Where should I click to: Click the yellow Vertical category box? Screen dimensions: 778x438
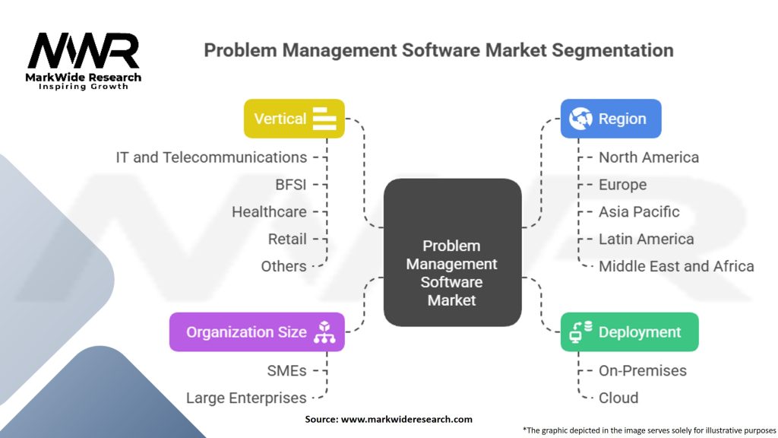[294, 119]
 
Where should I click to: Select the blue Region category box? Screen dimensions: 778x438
[611, 119]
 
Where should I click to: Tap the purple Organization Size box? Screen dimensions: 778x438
[257, 332]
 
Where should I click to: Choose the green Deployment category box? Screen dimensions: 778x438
[630, 332]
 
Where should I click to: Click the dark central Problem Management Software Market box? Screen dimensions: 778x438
[453, 252]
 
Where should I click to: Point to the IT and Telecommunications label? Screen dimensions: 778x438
[211, 157]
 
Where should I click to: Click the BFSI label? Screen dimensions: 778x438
[291, 185]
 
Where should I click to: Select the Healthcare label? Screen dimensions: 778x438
[270, 212]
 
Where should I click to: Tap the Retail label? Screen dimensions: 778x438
[287, 240]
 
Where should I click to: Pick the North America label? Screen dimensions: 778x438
[649, 157]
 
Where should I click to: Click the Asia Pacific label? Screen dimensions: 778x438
[639, 212]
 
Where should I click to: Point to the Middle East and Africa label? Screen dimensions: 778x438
[676, 267]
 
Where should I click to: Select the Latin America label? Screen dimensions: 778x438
[646, 240]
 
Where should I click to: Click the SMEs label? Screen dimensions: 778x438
[286, 371]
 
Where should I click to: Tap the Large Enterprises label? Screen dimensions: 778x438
[247, 398]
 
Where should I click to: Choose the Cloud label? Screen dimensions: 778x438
[618, 398]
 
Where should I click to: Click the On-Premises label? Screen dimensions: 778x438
[643, 371]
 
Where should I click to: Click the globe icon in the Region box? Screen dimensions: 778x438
[580, 119]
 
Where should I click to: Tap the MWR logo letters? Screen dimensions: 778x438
[84, 51]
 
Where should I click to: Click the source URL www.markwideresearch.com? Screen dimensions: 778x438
[406, 420]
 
